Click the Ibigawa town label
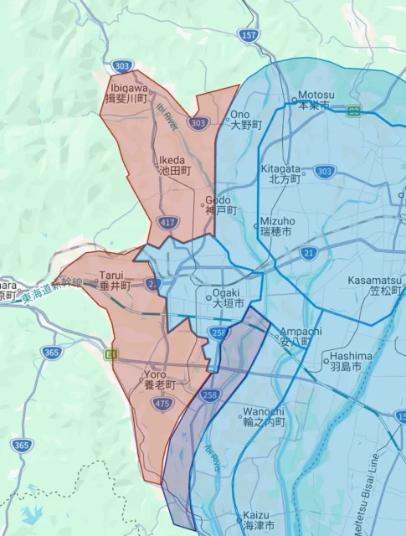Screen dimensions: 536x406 128,91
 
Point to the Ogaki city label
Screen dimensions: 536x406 229,297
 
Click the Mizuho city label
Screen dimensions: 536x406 276,225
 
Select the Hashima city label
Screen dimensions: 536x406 346,361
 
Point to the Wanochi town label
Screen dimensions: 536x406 264,416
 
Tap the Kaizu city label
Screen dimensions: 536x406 257,519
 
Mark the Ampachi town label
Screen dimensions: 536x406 301,336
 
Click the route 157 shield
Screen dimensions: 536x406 249,35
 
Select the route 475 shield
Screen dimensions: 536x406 163,404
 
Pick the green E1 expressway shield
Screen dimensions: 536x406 110,354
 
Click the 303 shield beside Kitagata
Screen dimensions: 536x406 325,172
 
